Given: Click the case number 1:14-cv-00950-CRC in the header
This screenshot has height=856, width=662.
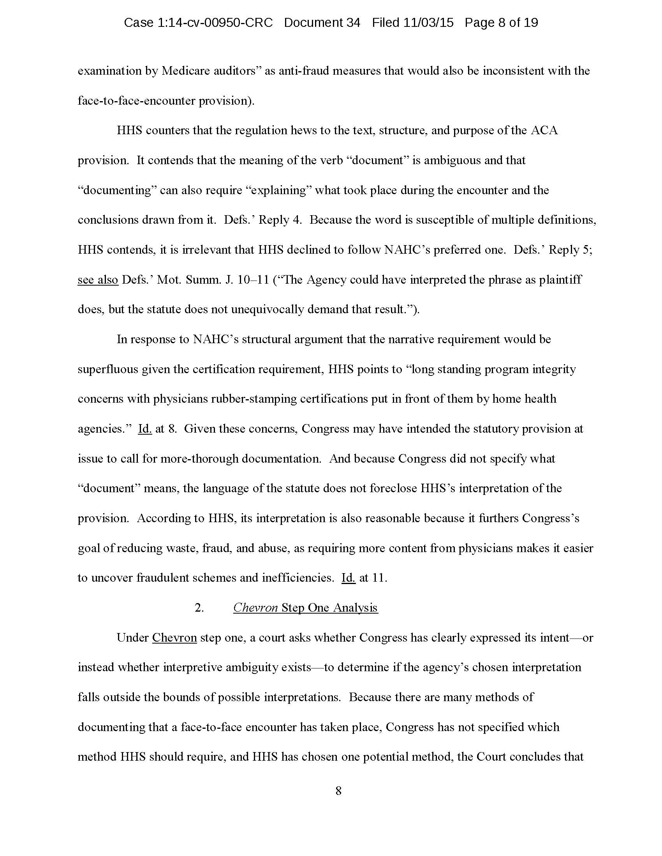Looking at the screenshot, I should [x=198, y=23].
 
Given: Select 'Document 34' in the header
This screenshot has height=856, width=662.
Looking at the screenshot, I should [x=322, y=23].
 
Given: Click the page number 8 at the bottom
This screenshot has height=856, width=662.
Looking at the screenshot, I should [x=338, y=791].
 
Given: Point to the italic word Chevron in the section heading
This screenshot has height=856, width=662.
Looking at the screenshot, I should [x=256, y=607].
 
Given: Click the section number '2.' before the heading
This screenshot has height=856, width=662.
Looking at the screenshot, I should [x=199, y=608].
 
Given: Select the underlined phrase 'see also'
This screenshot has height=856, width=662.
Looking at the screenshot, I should [x=98, y=279].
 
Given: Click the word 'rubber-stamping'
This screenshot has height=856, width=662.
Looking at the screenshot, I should [x=254, y=399].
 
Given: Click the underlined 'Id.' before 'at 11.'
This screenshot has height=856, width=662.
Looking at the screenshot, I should [x=348, y=578].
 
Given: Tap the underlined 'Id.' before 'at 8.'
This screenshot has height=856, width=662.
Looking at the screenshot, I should [x=145, y=429].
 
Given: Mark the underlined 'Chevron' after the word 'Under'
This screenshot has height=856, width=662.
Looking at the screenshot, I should [x=174, y=638].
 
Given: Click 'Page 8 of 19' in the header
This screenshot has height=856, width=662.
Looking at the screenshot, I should [x=501, y=23].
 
